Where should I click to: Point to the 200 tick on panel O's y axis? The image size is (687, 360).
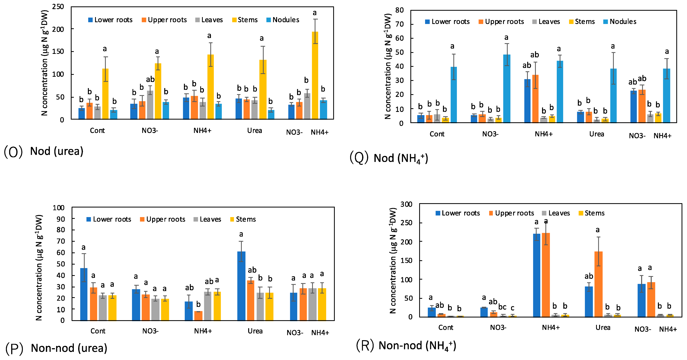pyautogui.click(x=58, y=29)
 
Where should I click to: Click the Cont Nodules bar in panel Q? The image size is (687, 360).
pyautogui.click(x=454, y=95)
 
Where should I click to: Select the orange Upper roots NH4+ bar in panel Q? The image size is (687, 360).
pyautogui.click(x=535, y=99)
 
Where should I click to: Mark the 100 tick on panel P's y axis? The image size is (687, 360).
pyautogui.click(x=59, y=208)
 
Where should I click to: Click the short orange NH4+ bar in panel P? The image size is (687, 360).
pyautogui.click(x=198, y=316)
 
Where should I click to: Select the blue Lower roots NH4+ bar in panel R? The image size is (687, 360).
pyautogui.click(x=537, y=275)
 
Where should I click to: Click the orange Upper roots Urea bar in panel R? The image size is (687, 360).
pyautogui.click(x=598, y=284)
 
